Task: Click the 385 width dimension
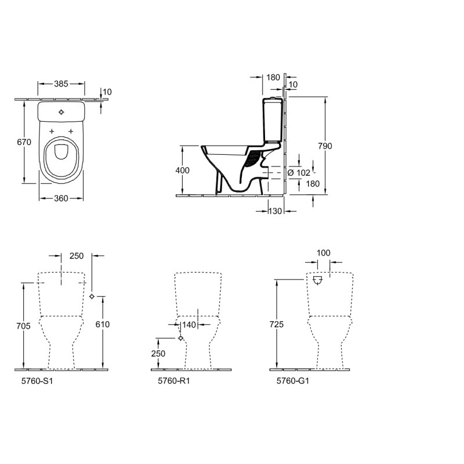point(61,84)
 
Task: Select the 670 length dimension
point(24,142)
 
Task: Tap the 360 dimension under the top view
point(61,198)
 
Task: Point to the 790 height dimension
point(325,146)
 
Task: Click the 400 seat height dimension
point(182,171)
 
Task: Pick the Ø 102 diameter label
point(299,173)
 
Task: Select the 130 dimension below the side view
point(275,211)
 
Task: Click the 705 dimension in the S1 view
point(23,326)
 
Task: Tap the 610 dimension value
point(103,324)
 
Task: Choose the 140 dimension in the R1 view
point(189,325)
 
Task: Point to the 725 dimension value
point(277,324)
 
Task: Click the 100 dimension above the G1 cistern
point(324,253)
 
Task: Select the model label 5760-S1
point(37,381)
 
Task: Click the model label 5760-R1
point(173,381)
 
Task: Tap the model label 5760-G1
point(293,381)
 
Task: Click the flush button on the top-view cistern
point(61,112)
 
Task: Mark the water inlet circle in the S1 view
point(92,296)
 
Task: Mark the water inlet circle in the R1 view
point(180,338)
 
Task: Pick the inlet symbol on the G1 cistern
point(317,280)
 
